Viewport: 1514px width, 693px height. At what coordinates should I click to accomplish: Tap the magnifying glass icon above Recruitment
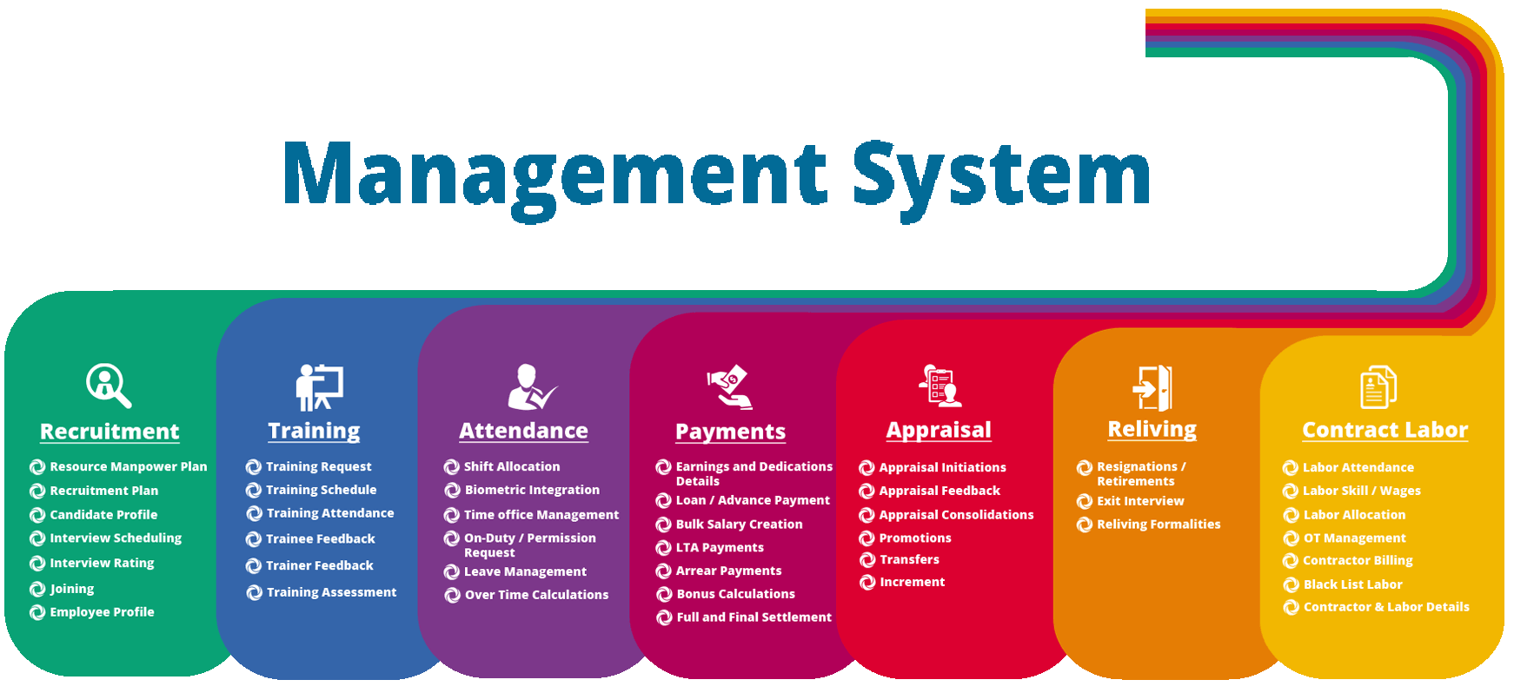(109, 385)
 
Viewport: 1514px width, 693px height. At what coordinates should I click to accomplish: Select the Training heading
(314, 431)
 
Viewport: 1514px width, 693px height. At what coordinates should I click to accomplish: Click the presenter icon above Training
(319, 387)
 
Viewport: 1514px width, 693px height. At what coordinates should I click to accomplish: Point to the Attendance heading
(523, 431)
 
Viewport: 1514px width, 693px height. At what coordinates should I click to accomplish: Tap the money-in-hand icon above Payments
(730, 387)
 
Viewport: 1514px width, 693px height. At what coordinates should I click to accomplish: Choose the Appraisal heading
(939, 431)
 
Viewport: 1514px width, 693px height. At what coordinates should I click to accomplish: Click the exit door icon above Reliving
(1152, 386)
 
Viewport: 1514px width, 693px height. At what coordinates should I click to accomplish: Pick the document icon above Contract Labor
(1378, 386)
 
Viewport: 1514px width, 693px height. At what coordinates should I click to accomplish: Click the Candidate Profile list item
(103, 515)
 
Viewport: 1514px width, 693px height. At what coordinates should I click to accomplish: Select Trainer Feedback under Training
(320, 565)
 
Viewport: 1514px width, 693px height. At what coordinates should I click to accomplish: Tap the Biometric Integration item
(532, 490)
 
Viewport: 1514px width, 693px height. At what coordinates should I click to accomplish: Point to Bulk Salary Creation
(740, 525)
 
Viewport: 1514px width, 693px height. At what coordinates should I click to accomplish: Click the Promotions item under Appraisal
(915, 538)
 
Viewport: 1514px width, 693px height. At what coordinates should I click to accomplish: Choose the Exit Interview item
(1140, 501)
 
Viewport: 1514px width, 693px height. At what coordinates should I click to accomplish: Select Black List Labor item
(1353, 584)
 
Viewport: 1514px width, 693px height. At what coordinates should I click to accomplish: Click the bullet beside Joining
(37, 589)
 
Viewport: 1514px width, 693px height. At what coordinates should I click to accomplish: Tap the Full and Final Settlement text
(754, 617)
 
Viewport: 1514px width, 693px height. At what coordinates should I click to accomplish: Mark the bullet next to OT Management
(1291, 538)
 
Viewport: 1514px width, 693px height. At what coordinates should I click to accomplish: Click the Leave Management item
(525, 571)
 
